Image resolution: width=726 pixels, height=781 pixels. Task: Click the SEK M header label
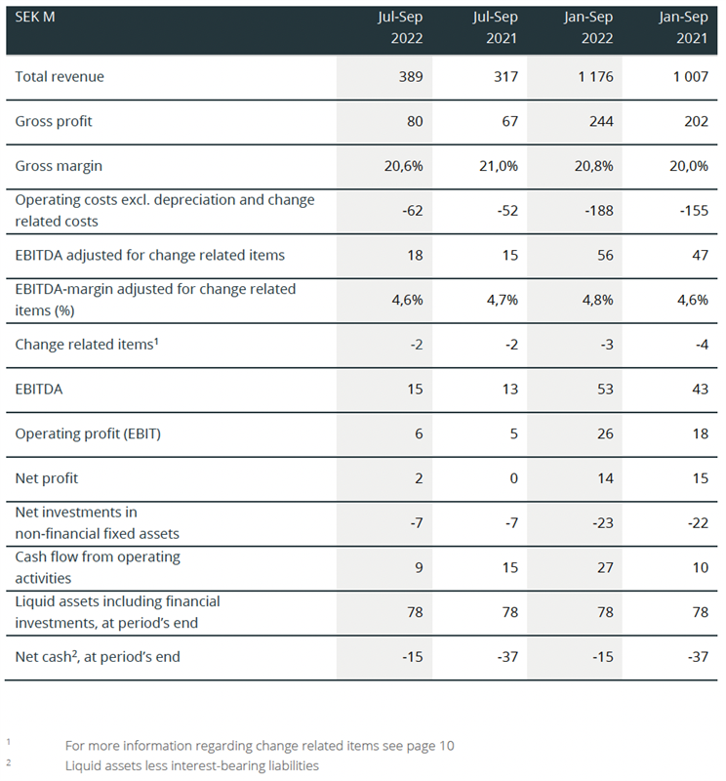(33, 17)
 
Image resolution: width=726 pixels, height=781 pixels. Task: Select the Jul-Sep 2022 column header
(400, 28)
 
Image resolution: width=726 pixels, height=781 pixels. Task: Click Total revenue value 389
(410, 76)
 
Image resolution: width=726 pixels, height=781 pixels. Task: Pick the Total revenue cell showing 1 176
(594, 76)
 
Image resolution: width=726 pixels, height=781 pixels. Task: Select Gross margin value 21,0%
(499, 166)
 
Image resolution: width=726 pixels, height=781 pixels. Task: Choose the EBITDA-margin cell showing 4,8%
(597, 300)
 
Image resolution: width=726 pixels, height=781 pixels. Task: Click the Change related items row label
(85, 344)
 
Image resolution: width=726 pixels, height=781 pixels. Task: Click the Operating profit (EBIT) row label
(88, 433)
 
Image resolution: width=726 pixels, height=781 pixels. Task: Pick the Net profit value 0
(512, 478)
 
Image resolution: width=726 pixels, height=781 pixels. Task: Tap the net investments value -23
(601, 522)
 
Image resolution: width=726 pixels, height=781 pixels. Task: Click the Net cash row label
(98, 657)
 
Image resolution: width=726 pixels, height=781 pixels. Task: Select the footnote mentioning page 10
(260, 746)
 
